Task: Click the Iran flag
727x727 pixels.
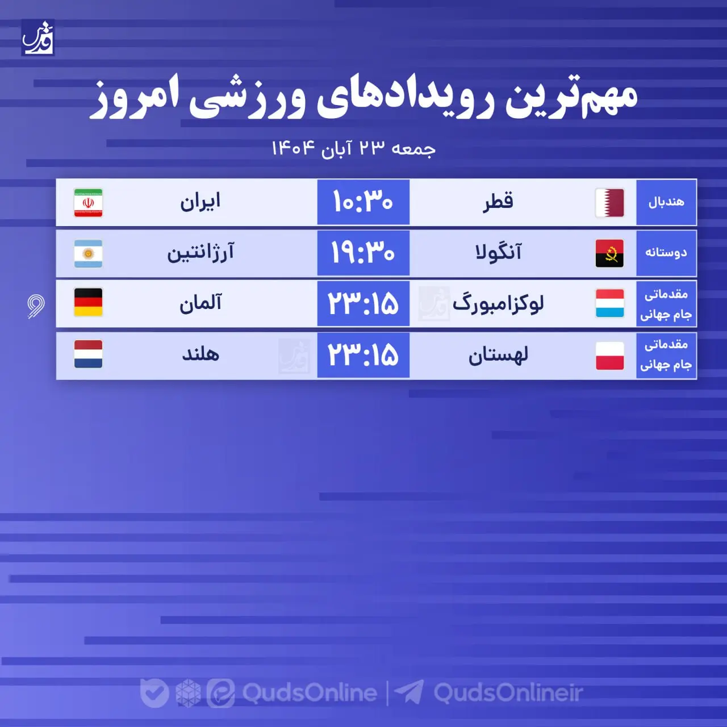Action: [88, 203]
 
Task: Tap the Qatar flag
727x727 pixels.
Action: [609, 203]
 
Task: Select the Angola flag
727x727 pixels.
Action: [609, 253]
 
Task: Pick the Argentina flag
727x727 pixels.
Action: [88, 253]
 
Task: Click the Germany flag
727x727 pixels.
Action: [88, 303]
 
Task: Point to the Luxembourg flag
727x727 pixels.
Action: [609, 303]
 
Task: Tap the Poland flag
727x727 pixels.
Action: [609, 356]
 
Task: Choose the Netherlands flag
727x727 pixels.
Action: [88, 354]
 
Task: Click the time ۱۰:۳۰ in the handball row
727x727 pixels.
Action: [363, 202]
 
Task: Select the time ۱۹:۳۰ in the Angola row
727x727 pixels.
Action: [363, 253]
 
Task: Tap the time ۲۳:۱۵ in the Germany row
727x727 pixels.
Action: [363, 303]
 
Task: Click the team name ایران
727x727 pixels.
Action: [200, 202]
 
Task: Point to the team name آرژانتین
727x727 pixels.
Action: [200, 253]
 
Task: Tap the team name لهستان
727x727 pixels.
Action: [498, 356]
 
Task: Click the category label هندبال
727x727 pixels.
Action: [666, 202]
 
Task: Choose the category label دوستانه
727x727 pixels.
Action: [666, 253]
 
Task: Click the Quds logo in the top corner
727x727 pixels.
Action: [38, 37]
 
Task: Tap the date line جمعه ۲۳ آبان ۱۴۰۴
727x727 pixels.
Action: [353, 148]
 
